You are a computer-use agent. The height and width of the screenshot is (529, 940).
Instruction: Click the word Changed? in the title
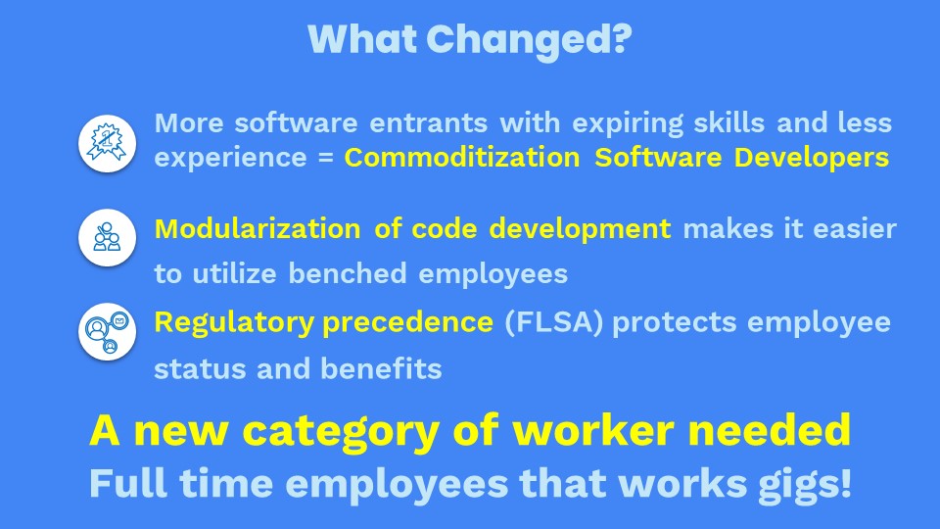530,40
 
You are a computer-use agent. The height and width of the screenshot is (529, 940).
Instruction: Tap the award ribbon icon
108,143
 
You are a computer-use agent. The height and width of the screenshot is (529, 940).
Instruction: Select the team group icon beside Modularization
108,237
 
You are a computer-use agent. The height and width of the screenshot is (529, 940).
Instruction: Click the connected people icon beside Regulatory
108,332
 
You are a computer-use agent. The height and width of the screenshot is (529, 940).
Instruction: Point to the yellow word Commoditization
462,158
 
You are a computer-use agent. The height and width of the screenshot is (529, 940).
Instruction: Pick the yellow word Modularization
258,228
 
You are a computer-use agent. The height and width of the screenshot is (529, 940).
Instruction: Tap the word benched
348,273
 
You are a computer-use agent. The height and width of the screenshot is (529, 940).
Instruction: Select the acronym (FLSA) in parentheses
553,322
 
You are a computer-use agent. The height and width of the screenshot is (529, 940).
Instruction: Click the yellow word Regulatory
234,323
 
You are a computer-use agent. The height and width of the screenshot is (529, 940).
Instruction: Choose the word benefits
381,368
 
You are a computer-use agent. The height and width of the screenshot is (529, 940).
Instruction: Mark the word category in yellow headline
341,432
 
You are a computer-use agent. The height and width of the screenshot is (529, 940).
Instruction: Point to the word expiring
628,123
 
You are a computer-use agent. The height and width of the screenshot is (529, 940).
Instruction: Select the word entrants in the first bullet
428,123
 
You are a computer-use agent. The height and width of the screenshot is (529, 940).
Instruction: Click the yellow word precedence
407,323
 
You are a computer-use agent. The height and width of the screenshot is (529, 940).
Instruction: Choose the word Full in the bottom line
128,483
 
